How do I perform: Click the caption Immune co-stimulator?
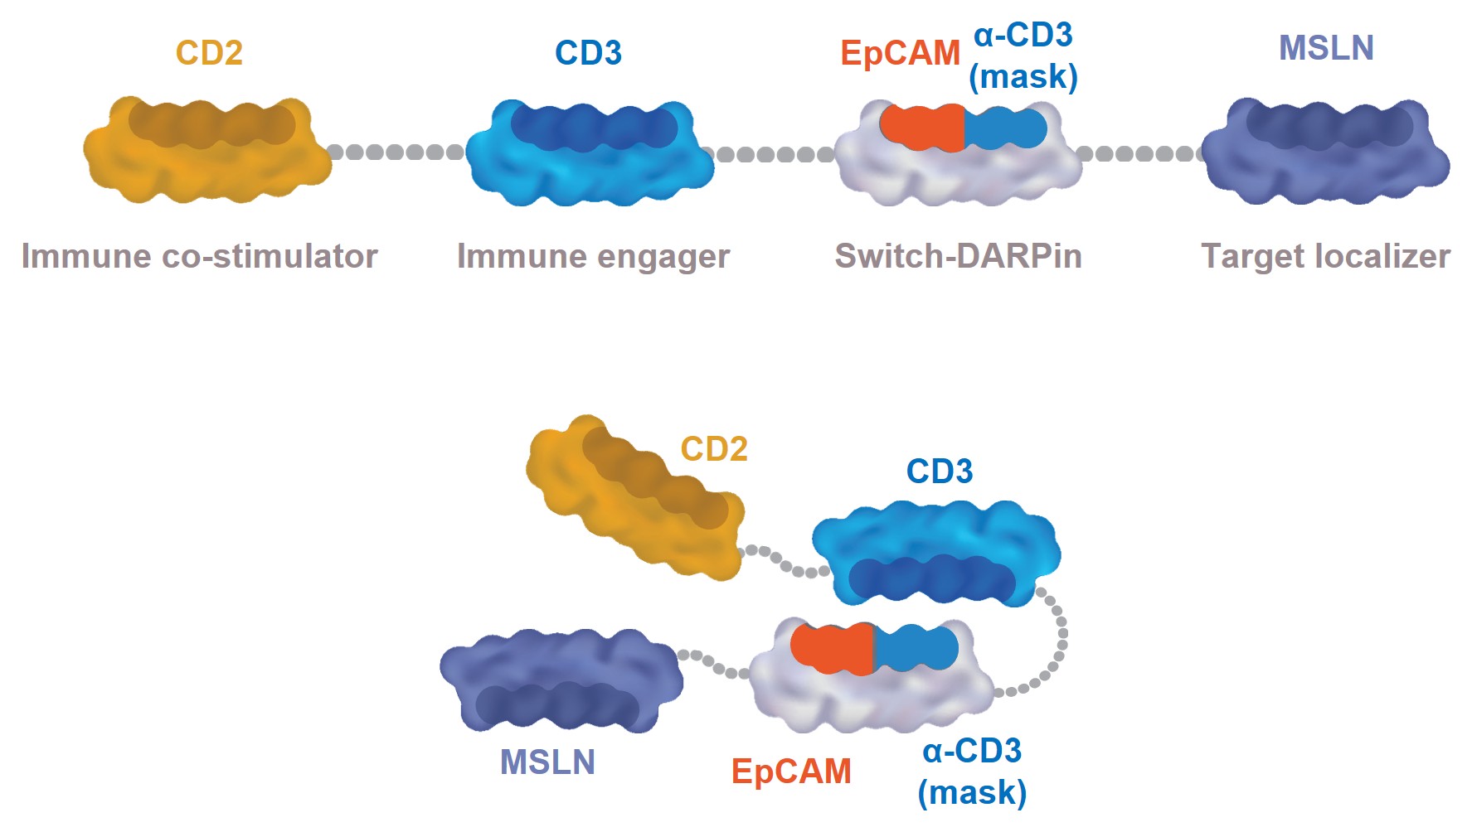pos(199,256)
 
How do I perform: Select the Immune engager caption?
pos(593,256)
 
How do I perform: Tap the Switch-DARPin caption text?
pos(958,256)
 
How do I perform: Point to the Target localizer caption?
pos(1325,256)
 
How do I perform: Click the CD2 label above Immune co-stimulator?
pos(209,53)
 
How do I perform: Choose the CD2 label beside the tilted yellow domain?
pos(714,449)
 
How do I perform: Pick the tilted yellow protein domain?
pos(634,497)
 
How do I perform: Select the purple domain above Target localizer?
pos(1325,153)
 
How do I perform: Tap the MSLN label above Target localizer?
pos(1326,48)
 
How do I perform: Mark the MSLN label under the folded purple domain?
pos(547,762)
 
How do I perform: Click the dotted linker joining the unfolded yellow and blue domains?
pos(396,152)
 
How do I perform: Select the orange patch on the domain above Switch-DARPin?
pos(921,128)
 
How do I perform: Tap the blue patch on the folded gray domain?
pos(916,647)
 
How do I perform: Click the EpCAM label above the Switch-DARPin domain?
pos(900,53)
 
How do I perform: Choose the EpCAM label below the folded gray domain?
pos(791,772)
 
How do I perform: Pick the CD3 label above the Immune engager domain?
pos(588,53)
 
